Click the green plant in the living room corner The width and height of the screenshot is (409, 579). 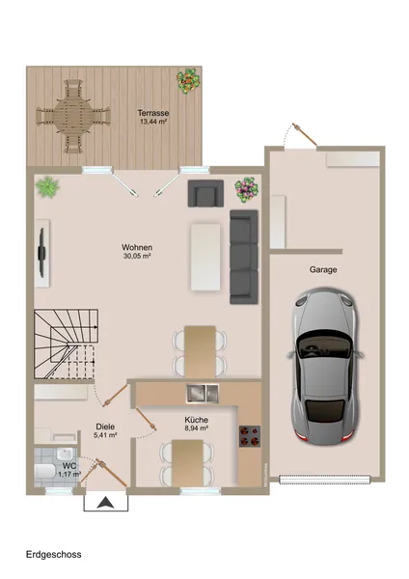(x=47, y=186)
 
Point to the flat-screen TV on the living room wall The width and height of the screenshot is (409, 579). (x=41, y=251)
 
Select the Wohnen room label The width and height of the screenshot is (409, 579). (x=137, y=247)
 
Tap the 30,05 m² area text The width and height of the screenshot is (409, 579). (x=137, y=258)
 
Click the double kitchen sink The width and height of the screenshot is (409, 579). (x=203, y=392)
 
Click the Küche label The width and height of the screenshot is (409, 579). (x=197, y=420)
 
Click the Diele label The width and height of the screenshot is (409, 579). (x=105, y=426)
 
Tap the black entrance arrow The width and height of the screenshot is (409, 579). (x=105, y=502)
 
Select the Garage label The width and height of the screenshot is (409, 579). (x=323, y=270)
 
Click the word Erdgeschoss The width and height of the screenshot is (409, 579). (x=54, y=555)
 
